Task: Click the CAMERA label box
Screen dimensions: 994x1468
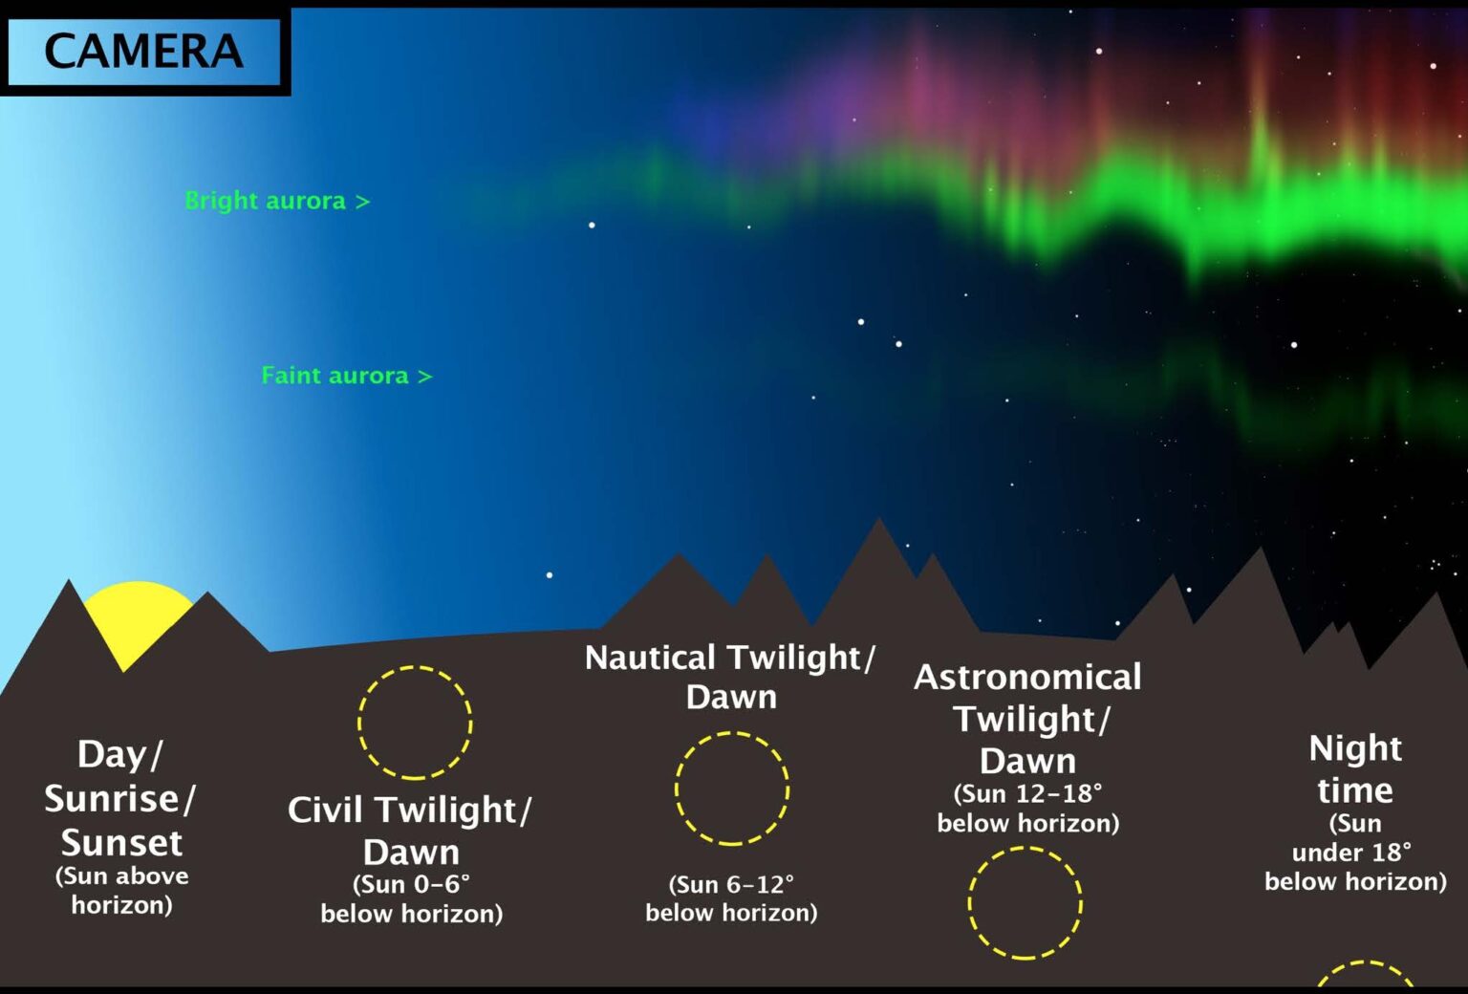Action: [x=143, y=52]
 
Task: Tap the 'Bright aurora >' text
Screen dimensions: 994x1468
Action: [x=276, y=201]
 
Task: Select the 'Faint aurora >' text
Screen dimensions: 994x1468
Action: [x=346, y=376]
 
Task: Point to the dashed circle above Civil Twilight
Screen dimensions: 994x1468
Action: [x=415, y=723]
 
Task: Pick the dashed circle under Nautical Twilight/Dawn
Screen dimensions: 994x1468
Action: [x=732, y=789]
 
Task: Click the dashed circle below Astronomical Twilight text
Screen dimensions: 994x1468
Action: [x=1025, y=902]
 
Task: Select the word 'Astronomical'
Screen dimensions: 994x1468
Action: [x=1027, y=677]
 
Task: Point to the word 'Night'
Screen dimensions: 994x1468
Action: [x=1354, y=748]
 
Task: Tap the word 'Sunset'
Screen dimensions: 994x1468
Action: [x=121, y=843]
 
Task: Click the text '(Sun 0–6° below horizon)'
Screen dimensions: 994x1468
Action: [x=412, y=898]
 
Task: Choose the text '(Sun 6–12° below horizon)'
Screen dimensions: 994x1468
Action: [x=731, y=898]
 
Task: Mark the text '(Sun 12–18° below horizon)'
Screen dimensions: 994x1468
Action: [x=1027, y=809]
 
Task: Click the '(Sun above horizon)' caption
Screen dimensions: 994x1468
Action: [x=121, y=890]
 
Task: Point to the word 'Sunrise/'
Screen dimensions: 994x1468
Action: [x=119, y=799]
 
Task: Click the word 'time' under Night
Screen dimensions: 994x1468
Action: [x=1354, y=790]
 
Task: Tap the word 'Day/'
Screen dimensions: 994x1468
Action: [x=119, y=754]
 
